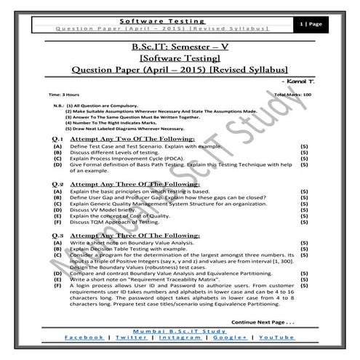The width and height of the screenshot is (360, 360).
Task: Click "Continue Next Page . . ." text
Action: click(263, 320)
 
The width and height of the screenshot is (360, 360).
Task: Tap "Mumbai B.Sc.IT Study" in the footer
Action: click(180, 330)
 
